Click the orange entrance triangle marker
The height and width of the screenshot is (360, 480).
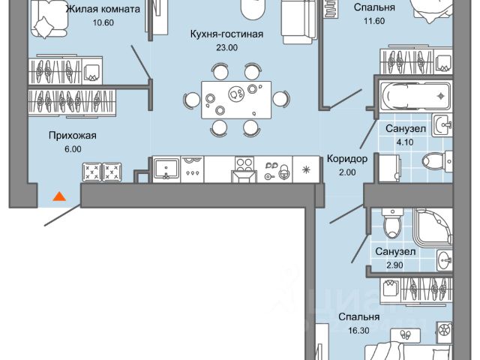58,196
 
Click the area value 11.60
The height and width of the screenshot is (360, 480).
375,22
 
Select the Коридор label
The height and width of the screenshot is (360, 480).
347,158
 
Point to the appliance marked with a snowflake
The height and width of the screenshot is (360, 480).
306,169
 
